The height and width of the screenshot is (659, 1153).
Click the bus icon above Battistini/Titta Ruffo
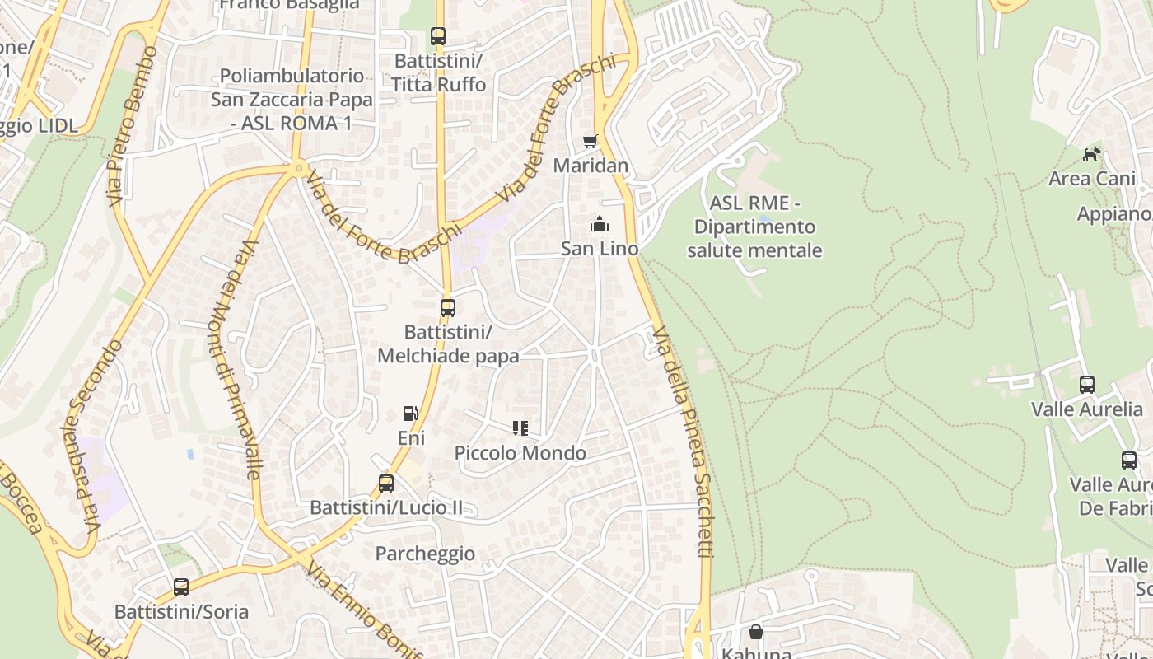[x=438, y=36]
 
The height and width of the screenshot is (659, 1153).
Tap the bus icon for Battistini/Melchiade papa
[x=448, y=308]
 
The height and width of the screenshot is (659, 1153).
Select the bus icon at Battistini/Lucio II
[x=386, y=484]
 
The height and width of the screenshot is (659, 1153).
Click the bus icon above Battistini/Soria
[x=181, y=587]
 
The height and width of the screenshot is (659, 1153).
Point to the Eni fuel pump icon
[x=410, y=414]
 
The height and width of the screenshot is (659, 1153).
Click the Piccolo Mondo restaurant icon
[x=520, y=428]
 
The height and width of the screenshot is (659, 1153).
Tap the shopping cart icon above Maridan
[x=590, y=142]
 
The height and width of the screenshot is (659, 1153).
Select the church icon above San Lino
[x=600, y=224]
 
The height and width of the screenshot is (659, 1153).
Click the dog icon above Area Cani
[x=1092, y=154]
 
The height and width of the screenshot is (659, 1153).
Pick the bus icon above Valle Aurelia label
[x=1087, y=385]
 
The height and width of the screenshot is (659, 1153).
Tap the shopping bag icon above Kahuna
[x=756, y=632]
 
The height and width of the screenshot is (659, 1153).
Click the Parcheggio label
[x=425, y=554]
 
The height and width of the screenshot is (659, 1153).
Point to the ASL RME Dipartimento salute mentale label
[x=754, y=227]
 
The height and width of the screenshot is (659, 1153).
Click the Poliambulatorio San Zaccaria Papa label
[x=292, y=99]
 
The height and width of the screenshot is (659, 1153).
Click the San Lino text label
[x=600, y=248]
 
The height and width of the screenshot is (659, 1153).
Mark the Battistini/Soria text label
[x=181, y=612]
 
